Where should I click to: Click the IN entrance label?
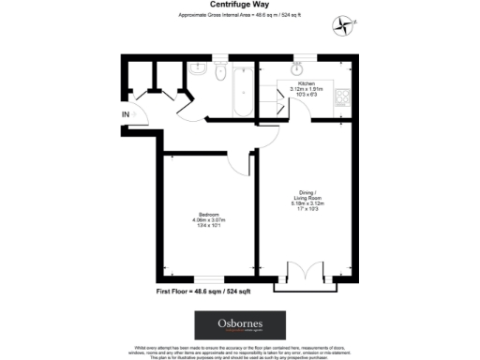(126, 114)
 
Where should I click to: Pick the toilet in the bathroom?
(219, 73)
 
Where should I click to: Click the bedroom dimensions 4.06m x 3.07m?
(209, 220)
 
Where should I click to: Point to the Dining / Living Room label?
(305, 198)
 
